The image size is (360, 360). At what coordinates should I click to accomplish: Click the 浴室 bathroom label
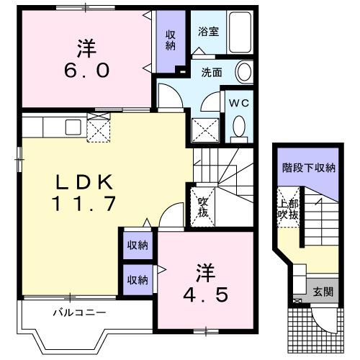click(209, 32)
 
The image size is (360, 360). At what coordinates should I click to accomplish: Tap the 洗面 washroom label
click(211, 72)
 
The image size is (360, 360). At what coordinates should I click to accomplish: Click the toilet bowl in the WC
click(239, 128)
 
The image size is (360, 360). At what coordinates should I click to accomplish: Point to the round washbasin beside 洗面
click(245, 72)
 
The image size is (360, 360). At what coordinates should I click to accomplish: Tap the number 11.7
click(83, 204)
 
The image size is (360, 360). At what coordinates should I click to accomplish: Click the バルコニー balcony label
click(79, 313)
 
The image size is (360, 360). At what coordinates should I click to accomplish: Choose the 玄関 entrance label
click(323, 292)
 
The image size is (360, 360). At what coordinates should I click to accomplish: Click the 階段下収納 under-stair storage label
click(309, 168)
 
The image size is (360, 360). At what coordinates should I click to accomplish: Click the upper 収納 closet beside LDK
click(138, 246)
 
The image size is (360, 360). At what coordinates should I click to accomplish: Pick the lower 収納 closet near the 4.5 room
click(138, 279)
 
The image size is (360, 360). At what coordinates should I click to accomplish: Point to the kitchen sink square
click(73, 127)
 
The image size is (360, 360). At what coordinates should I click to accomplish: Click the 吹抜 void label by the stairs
click(203, 208)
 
